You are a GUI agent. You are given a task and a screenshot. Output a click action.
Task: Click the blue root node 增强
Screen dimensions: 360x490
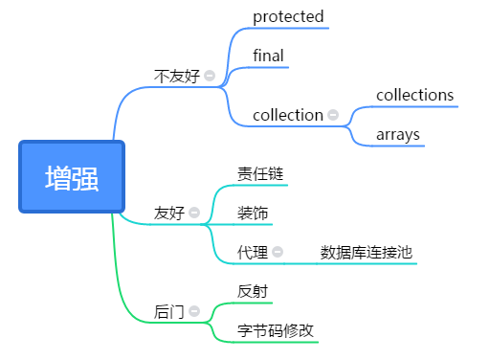tap(72, 177)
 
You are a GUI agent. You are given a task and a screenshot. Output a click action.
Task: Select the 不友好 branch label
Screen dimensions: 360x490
tap(177, 76)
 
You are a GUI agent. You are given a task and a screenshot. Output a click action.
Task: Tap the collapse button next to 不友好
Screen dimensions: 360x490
tap(210, 76)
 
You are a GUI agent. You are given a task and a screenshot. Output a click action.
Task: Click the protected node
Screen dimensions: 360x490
tap(288, 16)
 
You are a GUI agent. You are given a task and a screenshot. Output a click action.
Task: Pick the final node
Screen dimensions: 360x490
tap(268, 56)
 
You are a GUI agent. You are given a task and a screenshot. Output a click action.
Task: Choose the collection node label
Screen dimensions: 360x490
tap(287, 115)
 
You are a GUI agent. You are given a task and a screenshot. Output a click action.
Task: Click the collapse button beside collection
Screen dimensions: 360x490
tap(333, 115)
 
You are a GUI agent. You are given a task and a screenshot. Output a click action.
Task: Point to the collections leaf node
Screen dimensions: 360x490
tap(414, 95)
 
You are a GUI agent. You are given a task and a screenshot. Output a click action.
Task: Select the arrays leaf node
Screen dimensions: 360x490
tap(398, 134)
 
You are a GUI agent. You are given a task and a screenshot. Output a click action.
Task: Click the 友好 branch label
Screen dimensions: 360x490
tap(168, 213)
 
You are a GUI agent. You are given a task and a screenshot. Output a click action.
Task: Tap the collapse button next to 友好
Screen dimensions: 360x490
tap(194, 213)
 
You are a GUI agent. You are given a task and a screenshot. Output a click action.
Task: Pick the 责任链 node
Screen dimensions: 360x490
tap(260, 173)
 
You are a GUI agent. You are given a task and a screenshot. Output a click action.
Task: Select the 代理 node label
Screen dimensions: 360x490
tap(253, 252)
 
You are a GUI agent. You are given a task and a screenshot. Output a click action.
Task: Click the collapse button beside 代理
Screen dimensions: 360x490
tap(278, 252)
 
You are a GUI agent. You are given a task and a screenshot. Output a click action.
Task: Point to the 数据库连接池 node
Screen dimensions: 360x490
tap(367, 252)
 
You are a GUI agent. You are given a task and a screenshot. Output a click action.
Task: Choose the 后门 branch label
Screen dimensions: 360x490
tap(168, 311)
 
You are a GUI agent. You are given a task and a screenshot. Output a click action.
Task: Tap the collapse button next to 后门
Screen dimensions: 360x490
tap(194, 311)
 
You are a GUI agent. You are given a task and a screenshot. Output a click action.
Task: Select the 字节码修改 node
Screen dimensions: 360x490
tap(276, 330)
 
